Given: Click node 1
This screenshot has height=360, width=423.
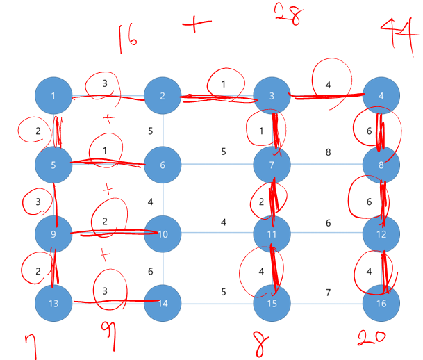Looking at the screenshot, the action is point(54,95).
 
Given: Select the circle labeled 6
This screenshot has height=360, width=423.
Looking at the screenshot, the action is point(163,165).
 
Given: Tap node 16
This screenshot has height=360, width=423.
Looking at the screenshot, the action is point(381,304).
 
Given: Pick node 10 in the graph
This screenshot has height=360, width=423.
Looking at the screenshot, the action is point(163,234).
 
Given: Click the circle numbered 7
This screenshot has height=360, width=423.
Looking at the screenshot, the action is point(272,165).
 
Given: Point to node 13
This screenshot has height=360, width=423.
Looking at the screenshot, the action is point(54,304).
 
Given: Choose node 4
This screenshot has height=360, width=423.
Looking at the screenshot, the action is point(381,95).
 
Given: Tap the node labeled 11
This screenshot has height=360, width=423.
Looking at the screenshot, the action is point(272,234).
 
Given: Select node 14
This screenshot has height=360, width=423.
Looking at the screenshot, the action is point(163,304).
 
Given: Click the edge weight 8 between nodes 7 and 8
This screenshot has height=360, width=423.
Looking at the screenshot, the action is point(328,151).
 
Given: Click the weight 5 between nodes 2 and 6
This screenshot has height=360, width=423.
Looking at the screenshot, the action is point(151,130).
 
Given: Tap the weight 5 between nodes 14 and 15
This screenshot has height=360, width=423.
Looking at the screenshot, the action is point(224,292).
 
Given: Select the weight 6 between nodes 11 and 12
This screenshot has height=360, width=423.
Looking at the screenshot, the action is point(328,222).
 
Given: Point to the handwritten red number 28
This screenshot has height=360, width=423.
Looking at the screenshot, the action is point(286,13).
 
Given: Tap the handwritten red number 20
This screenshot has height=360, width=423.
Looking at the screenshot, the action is point(372,338).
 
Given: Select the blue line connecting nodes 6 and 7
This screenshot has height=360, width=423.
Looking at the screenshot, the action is point(208,165).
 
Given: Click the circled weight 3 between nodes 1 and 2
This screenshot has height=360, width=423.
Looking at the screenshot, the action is point(104,83).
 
